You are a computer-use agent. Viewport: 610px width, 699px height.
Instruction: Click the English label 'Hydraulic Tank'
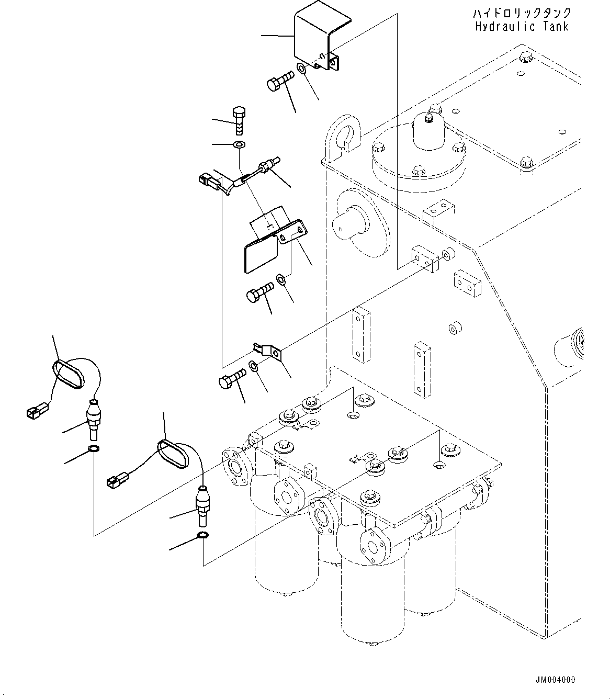pyautogui.click(x=521, y=26)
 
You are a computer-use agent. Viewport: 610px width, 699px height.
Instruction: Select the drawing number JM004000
pyautogui.click(x=555, y=680)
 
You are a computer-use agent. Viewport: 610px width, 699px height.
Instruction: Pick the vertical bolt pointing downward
pyautogui.click(x=238, y=120)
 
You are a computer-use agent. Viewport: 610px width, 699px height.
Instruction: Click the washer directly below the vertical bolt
pyautogui.click(x=239, y=144)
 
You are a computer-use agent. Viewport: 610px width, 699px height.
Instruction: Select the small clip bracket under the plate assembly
pyautogui.click(x=269, y=352)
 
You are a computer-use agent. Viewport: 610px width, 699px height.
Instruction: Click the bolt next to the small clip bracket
pyautogui.click(x=232, y=378)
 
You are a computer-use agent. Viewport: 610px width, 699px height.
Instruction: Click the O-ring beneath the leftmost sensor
pyautogui.click(x=94, y=449)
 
